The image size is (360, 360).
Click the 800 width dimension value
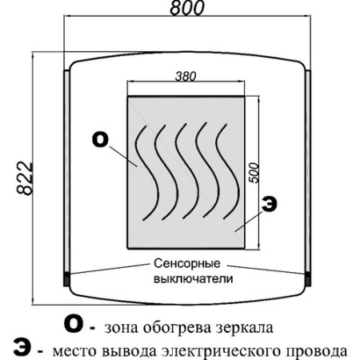[187, 8]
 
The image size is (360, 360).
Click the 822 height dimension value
[25, 178]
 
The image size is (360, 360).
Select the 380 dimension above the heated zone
[186, 77]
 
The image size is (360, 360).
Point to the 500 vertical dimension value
[254, 173]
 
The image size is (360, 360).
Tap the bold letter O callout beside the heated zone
[100, 140]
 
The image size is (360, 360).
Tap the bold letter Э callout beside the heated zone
[269, 204]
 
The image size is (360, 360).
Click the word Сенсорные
[187, 264]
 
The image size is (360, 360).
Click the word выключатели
[194, 278]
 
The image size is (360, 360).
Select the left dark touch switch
[66, 279]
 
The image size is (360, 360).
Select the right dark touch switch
[307, 279]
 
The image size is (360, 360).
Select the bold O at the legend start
[74, 325]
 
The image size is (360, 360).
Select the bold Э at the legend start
[22, 348]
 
